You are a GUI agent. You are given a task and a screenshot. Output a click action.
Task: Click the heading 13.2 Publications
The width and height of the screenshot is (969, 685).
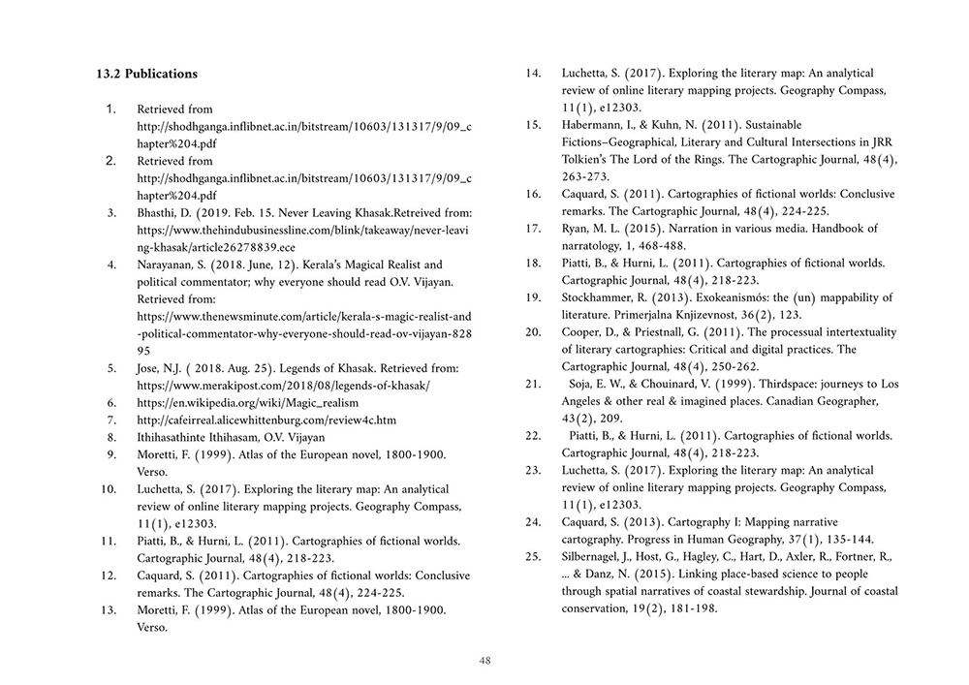147,74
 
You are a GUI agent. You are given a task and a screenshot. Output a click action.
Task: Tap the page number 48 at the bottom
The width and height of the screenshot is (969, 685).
485,661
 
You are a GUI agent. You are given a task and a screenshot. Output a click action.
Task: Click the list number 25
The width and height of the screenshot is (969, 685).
532,558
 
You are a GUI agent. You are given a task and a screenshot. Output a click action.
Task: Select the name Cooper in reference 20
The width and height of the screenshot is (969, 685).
583,334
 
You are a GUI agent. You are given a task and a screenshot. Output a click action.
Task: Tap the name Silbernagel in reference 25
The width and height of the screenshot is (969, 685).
599,558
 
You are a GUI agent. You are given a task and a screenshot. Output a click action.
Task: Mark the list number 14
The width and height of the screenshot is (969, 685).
532,73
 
